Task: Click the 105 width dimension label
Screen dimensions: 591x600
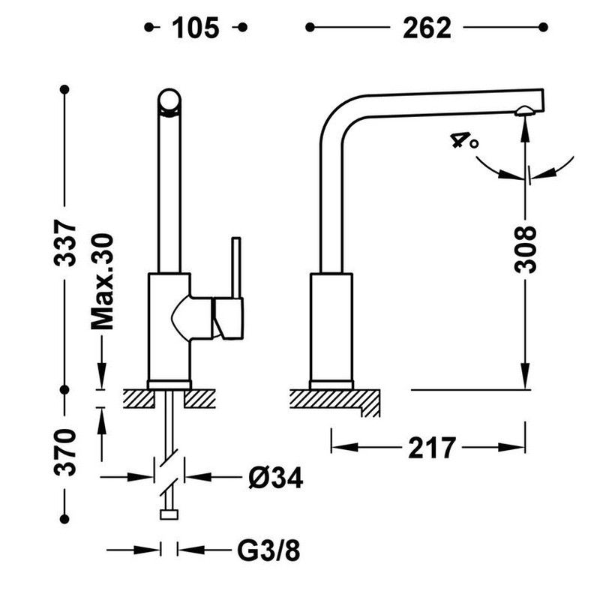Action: click(196, 28)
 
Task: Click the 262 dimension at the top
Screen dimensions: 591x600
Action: click(427, 28)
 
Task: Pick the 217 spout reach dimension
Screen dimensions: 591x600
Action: click(432, 448)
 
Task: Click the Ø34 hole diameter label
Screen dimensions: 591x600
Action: click(274, 477)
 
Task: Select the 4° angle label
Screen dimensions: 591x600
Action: click(463, 140)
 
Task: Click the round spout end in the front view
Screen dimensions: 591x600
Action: click(169, 101)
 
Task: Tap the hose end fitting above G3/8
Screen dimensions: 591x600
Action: click(169, 514)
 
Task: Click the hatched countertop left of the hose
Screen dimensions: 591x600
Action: click(138, 398)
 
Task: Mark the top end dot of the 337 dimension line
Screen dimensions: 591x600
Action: click(65, 90)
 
